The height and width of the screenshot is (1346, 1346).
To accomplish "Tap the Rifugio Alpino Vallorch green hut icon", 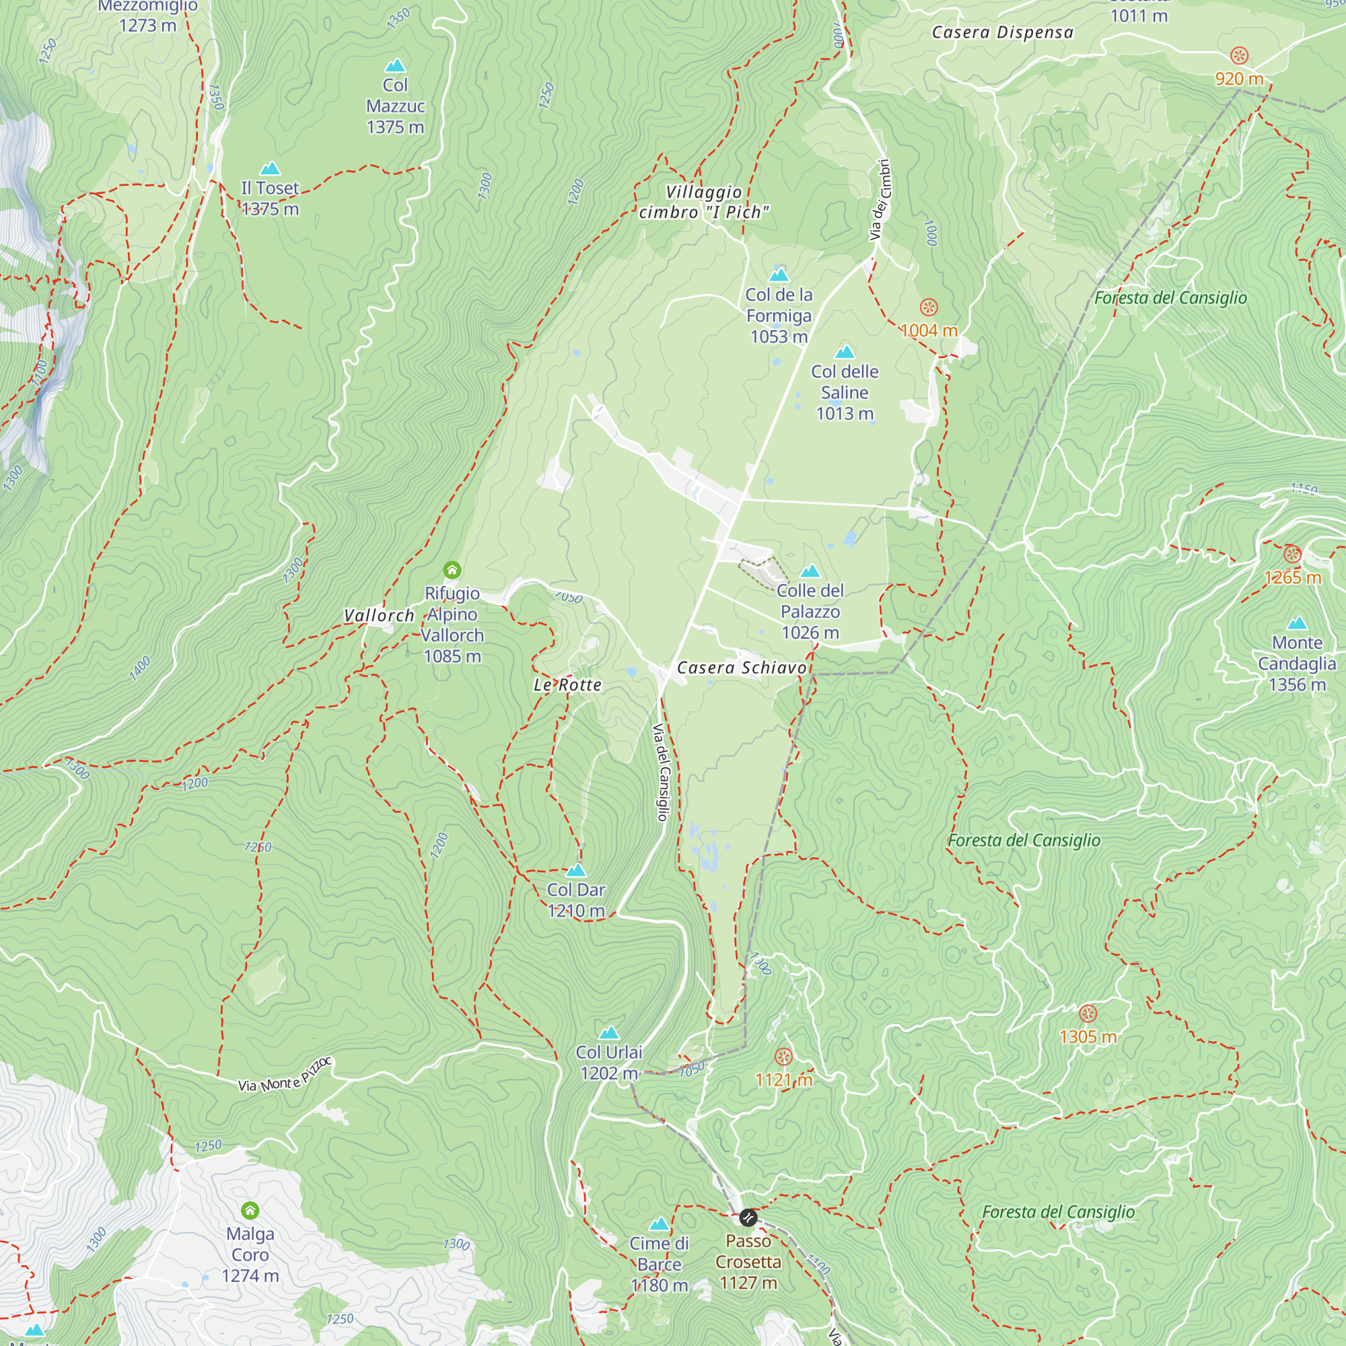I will (452, 571).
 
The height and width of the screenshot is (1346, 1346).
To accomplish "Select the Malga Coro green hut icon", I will (250, 1210).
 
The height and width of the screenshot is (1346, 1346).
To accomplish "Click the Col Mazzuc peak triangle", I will (395, 65).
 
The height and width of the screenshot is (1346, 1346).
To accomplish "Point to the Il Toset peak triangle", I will (270, 169).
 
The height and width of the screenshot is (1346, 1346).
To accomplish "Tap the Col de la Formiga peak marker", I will (779, 275).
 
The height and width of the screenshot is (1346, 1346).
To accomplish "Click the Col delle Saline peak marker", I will (845, 352).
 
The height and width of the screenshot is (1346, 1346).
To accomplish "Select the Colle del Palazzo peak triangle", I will (810, 571).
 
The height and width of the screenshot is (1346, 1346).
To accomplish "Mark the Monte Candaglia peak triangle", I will (1297, 623).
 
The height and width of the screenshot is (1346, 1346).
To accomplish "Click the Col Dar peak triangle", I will (576, 870).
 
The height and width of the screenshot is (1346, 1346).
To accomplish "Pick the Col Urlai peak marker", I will (609, 1032).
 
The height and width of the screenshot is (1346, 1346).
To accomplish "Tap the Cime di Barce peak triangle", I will (659, 1224).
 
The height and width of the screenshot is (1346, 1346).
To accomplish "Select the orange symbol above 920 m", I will (1239, 56).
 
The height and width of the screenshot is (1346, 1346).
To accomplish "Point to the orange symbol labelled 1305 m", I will (1088, 1014).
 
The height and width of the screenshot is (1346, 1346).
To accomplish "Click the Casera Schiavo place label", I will (741, 668).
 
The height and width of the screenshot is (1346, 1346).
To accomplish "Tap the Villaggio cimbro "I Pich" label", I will (704, 202).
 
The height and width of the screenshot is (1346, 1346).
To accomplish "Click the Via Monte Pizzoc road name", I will (285, 1075).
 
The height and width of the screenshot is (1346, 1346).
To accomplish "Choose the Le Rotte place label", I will (567, 685).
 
